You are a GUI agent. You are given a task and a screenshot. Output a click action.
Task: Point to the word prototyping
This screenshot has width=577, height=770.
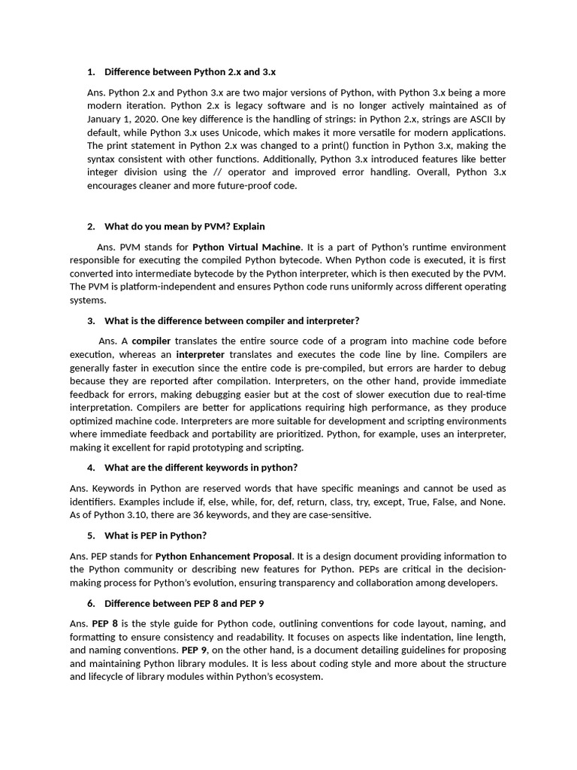[220, 447]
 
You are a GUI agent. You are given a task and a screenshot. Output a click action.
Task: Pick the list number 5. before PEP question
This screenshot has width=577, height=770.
[91, 535]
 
